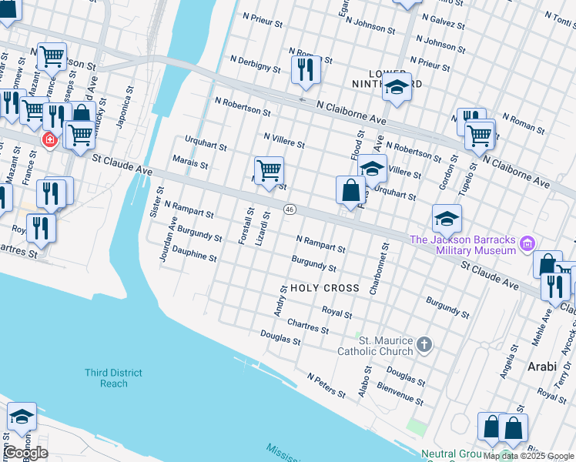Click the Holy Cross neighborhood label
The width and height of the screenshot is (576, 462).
(325, 288)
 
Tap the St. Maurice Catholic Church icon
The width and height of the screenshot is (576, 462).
(424, 346)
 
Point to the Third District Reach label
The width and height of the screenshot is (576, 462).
(113, 378)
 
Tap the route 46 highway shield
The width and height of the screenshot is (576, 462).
(290, 209)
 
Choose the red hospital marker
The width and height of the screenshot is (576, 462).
(50, 140)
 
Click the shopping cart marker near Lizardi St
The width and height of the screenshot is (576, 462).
(269, 170)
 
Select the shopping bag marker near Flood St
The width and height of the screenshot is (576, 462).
(350, 189)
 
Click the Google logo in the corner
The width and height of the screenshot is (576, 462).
(25, 452)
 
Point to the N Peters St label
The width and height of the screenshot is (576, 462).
(327, 387)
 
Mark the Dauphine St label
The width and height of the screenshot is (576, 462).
(194, 255)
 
